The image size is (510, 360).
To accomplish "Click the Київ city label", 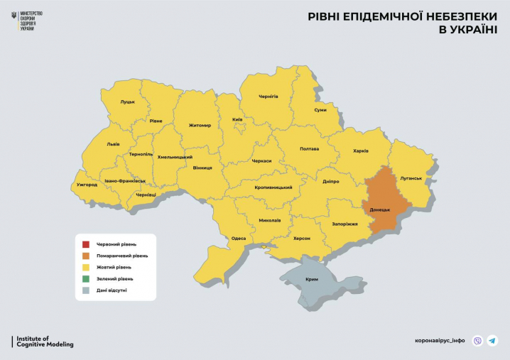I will click(x=237, y=120).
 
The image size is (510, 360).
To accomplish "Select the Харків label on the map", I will click(x=361, y=151).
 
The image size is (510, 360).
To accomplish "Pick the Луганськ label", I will click(x=411, y=178).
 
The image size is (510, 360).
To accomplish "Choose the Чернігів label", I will click(x=268, y=96).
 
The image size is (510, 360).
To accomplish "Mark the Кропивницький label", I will click(x=273, y=187).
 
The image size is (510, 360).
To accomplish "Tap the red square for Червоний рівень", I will click(x=85, y=244).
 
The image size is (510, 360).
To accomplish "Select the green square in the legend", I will click(x=85, y=278).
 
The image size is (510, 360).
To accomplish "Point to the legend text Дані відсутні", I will click(x=112, y=290).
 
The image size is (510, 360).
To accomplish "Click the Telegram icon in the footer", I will click(x=492, y=341).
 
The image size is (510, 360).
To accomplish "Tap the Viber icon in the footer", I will click(x=477, y=341).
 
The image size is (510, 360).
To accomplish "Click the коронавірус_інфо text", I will click(x=439, y=341).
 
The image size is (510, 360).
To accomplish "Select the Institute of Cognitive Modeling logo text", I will click(x=45, y=342).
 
